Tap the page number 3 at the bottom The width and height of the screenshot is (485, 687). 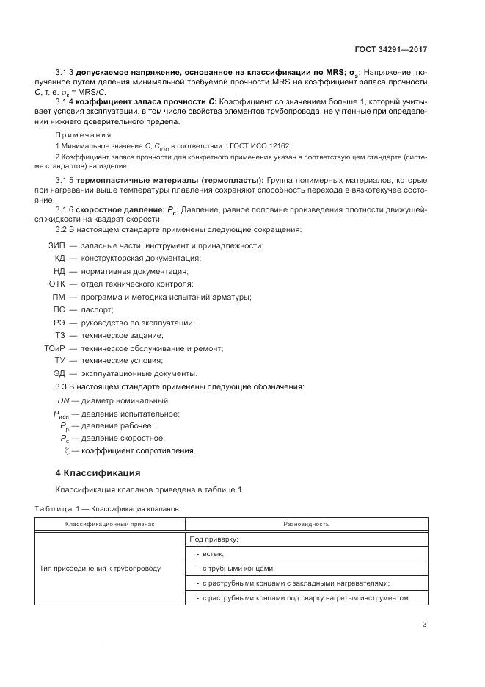(424, 625)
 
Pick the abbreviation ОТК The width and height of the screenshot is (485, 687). (58, 283)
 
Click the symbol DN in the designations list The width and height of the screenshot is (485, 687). (63, 400)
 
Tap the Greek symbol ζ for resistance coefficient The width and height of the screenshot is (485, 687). (67, 450)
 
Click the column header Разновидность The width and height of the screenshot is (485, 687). (305, 524)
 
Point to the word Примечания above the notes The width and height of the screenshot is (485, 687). (83, 135)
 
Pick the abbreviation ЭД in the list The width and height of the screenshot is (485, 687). (59, 373)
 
